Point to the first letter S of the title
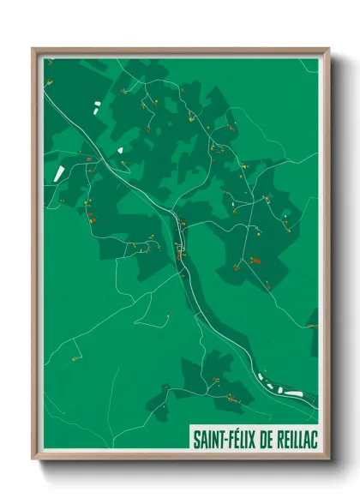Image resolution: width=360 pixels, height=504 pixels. (196, 439)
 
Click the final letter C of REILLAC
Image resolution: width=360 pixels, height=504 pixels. (315, 439)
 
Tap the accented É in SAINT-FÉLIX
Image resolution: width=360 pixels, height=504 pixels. (231, 438)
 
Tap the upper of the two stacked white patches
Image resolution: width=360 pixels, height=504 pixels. (96, 105)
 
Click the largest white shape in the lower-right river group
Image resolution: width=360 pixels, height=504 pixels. (294, 393)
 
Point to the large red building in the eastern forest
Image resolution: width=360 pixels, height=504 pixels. (254, 259)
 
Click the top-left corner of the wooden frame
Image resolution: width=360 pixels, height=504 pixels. (33, 49)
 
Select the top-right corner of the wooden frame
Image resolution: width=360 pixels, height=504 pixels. (328, 49)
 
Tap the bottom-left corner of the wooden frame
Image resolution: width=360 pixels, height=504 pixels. (33, 460)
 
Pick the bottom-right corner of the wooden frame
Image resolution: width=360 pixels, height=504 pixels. (328, 460)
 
